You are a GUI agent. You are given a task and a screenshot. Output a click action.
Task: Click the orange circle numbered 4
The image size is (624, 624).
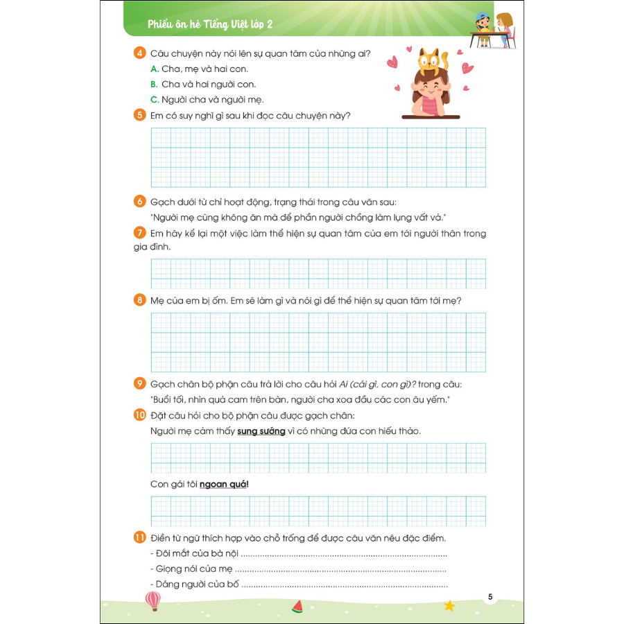tap(140, 53)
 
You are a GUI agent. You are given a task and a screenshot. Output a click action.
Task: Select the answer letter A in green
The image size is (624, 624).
tap(155, 69)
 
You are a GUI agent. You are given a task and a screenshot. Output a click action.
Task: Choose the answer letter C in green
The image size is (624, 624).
tap(155, 100)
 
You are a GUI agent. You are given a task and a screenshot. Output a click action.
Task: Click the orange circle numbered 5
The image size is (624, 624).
tap(140, 115)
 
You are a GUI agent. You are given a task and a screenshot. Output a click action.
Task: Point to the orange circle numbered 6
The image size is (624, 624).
tap(140, 202)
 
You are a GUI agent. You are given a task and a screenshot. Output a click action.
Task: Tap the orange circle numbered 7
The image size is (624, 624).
tap(140, 233)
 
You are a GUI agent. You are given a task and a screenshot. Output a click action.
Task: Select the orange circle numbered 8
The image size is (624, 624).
tap(140, 300)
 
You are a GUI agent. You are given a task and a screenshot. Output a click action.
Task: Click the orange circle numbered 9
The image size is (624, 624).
tap(140, 384)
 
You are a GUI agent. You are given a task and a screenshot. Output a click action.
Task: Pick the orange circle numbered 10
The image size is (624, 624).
tap(140, 415)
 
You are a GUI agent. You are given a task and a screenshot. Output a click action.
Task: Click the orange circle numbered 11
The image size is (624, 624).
tap(140, 538)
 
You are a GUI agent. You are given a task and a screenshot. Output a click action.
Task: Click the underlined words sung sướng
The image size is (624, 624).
tap(261, 431)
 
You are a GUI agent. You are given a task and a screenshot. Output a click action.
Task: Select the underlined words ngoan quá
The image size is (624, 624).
tap(223, 484)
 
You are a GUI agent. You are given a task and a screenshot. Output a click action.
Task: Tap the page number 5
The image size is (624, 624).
tap(490, 597)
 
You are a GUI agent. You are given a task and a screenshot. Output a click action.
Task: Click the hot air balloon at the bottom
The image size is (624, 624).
tap(153, 600)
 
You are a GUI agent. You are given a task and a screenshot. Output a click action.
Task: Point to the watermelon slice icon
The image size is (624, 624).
tap(298, 606)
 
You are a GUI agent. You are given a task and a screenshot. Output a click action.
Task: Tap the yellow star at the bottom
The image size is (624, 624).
tap(449, 605)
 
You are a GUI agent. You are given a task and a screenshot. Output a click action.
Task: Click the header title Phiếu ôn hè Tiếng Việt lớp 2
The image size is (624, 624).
tap(211, 25)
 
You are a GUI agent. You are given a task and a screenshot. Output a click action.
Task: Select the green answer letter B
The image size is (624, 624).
tap(155, 85)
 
